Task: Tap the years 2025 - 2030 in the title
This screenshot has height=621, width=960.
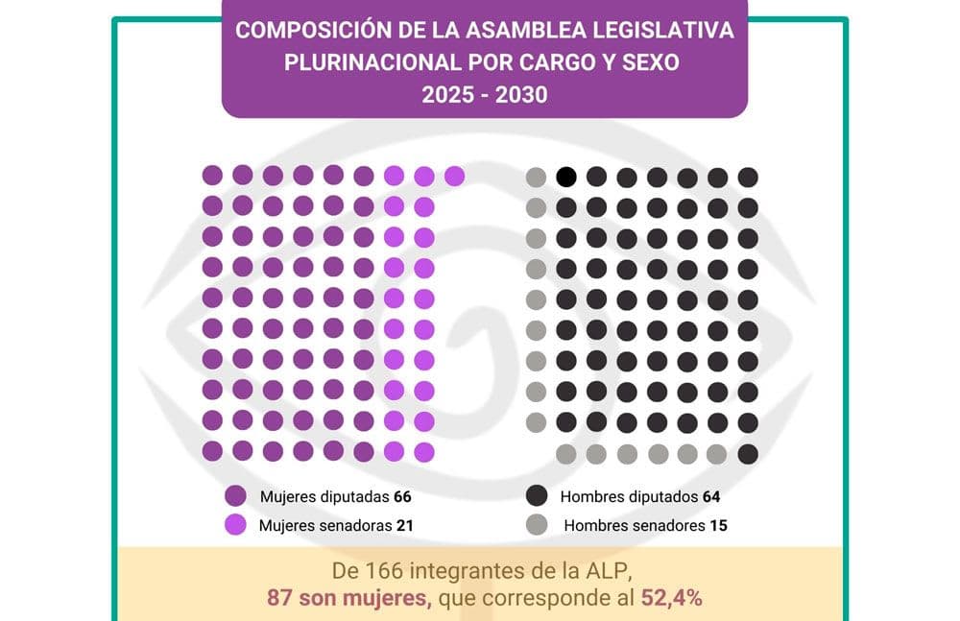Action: [x=484, y=95]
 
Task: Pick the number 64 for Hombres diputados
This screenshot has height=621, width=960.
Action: [x=710, y=497]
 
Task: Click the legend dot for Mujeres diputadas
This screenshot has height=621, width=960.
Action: [x=236, y=496]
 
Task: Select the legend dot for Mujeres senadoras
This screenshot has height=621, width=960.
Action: [x=236, y=524]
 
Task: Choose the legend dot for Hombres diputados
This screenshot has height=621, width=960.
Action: [x=537, y=496]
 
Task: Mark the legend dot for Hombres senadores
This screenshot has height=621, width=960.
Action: [x=537, y=524]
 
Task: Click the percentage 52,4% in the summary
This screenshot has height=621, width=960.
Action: [x=672, y=597]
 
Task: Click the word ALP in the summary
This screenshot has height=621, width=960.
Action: [x=610, y=570]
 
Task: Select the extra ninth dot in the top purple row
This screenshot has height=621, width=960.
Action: [x=454, y=176]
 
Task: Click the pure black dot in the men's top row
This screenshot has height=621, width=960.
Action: [x=566, y=177]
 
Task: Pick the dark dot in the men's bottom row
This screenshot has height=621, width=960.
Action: [x=748, y=453]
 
